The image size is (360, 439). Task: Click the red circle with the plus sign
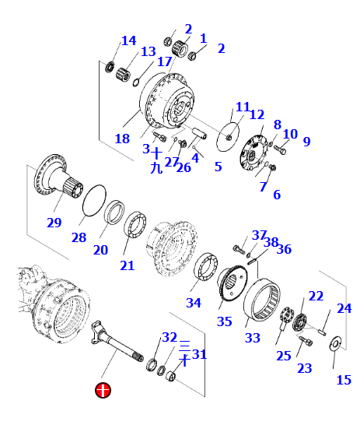click(x=102, y=389)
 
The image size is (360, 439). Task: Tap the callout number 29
click(x=53, y=223)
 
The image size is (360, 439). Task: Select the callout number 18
click(x=122, y=139)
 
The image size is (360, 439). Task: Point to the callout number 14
click(x=128, y=40)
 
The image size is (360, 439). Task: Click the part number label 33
click(x=253, y=338)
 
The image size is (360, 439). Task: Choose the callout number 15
click(x=343, y=380)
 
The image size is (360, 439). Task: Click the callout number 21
click(x=127, y=265)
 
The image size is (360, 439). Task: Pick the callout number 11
click(x=243, y=107)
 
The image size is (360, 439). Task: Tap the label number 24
click(x=344, y=308)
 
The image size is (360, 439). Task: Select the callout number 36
click(x=284, y=249)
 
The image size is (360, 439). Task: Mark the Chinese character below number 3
click(x=157, y=166)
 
